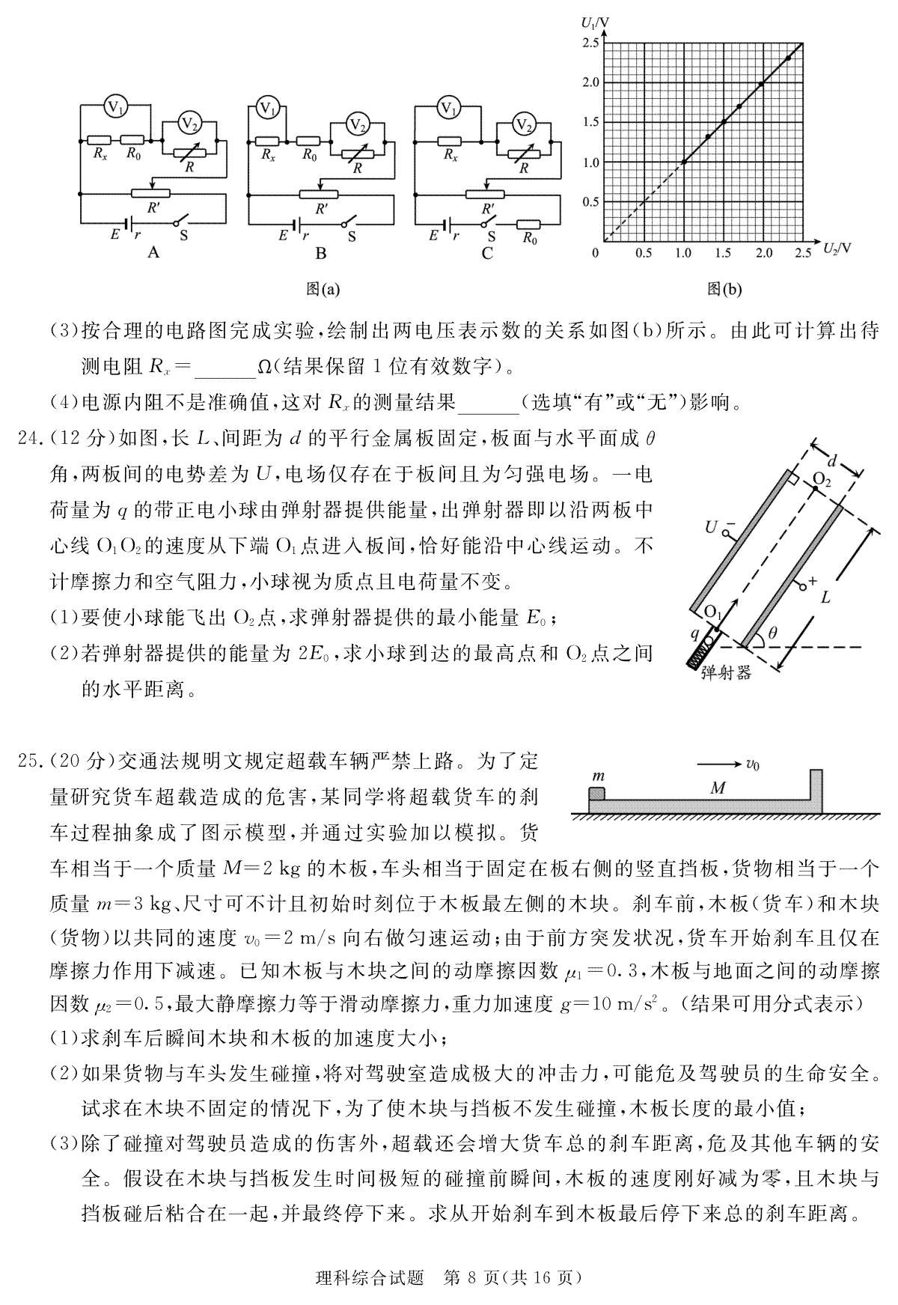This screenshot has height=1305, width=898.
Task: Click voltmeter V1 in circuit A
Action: [x=115, y=106]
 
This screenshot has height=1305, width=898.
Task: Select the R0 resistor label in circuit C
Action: [x=530, y=238]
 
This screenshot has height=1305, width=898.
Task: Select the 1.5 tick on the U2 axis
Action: [x=723, y=253]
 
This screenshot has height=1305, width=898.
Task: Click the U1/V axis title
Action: [x=595, y=22]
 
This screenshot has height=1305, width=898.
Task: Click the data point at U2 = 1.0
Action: [x=683, y=161]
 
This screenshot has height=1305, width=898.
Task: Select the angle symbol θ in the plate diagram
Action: [x=773, y=633]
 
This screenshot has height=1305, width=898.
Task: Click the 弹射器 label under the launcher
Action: [x=725, y=672]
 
